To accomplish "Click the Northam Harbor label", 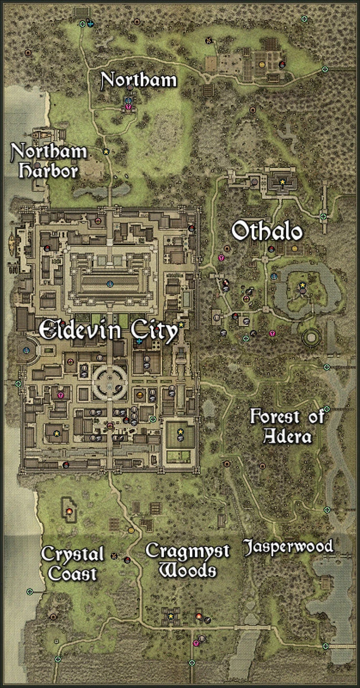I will pyautogui.click(x=49, y=161).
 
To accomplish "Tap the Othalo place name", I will pyautogui.click(x=267, y=232).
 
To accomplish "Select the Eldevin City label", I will pyautogui.click(x=108, y=332).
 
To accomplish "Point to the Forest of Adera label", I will pyautogui.click(x=288, y=426).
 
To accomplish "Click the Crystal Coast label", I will pyautogui.click(x=73, y=563).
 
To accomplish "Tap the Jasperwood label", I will pyautogui.click(x=288, y=547).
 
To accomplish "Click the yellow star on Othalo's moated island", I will pyautogui.click(x=302, y=285).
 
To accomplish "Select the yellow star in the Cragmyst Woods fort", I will pyautogui.click(x=170, y=616).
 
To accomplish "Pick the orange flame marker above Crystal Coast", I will pyautogui.click(x=69, y=511).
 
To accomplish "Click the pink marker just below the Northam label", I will pyautogui.click(x=128, y=107).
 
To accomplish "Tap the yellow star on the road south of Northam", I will pyautogui.click(x=106, y=152).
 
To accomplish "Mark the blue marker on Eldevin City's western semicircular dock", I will pyautogui.click(x=26, y=349).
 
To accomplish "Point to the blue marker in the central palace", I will pyautogui.click(x=110, y=284).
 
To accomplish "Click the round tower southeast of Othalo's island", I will pyautogui.click(x=311, y=336).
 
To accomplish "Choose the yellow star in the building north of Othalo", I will pyautogui.click(x=282, y=182).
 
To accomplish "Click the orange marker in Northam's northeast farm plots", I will pyautogui.click(x=262, y=65).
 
